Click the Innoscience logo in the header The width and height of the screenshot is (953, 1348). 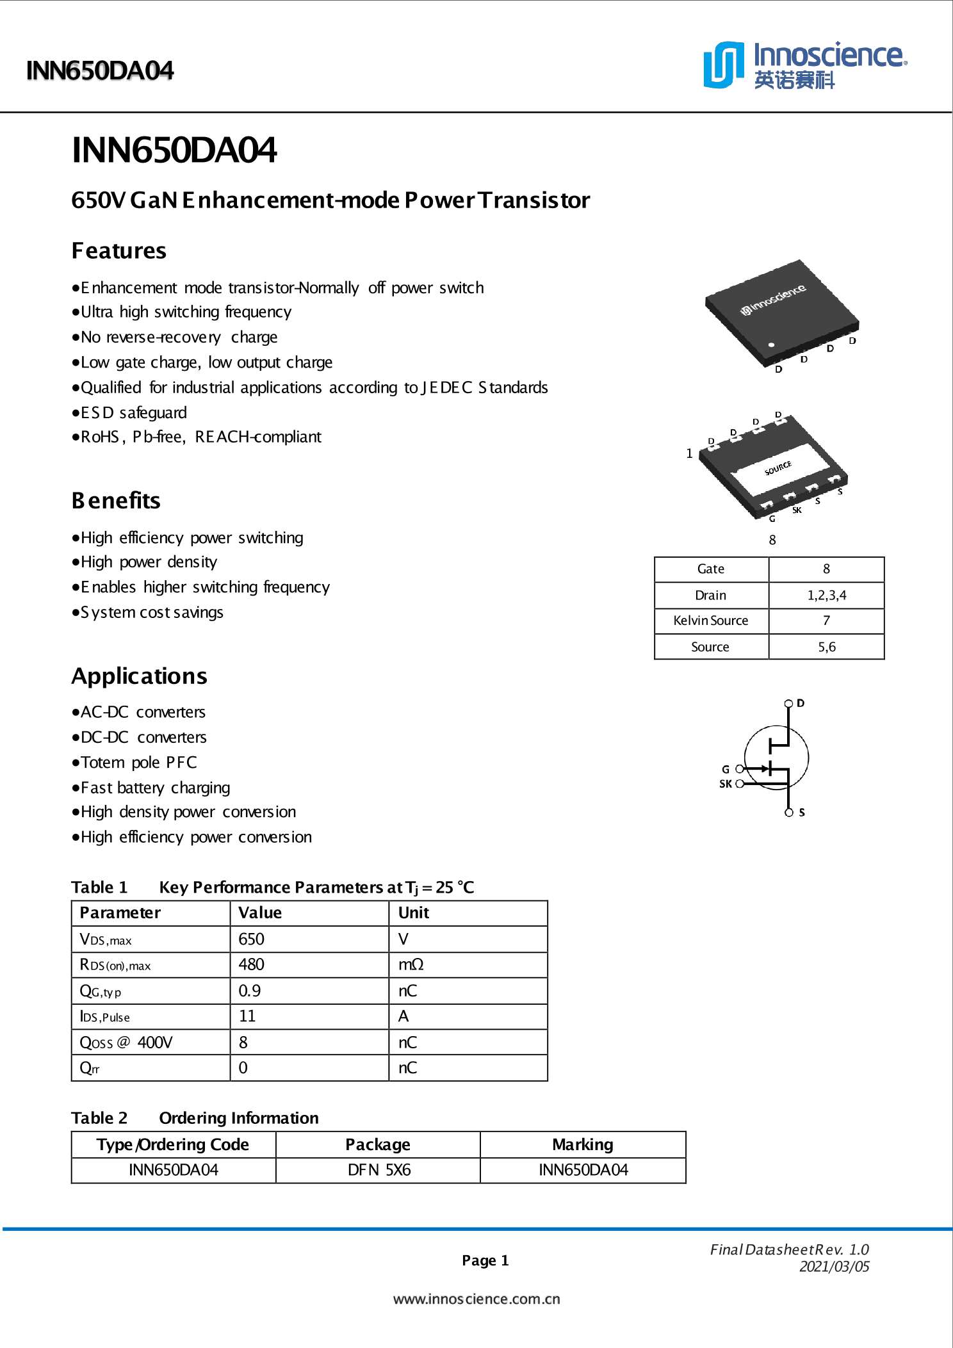pos(804,65)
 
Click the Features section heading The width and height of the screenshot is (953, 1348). pos(118,250)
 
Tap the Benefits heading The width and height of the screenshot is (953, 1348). pos(116,500)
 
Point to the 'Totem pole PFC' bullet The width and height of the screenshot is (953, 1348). pos(138,763)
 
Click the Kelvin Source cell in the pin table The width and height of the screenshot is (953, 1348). pos(710,621)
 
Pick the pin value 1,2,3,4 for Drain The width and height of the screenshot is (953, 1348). pos(826,595)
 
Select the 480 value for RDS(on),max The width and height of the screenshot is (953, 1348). pos(251,964)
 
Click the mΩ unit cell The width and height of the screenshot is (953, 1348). pos(411,964)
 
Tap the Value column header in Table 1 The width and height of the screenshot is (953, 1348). pos(260,913)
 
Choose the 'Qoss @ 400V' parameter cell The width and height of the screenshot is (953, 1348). pos(126,1043)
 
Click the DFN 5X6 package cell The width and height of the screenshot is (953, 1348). pos(379,1170)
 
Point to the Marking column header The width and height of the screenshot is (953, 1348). pos(582,1144)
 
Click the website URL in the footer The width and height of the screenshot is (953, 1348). pos(476,1299)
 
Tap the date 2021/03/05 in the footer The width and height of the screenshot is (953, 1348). pos(834,1267)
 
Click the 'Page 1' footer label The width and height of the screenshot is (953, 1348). pos(485,1260)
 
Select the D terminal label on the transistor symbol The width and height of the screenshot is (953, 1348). pos(801,703)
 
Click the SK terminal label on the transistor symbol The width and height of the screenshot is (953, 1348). pos(725,784)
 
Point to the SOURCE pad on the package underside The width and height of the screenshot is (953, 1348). pos(778,468)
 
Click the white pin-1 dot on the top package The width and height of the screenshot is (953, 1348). pos(772,345)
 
